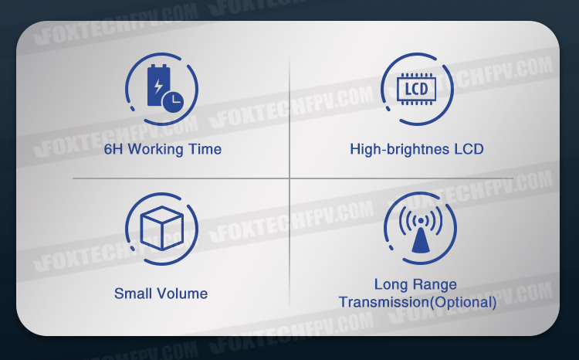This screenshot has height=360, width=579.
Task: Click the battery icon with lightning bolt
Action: coord(160,86)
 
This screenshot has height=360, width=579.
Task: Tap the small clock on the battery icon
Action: coord(173,101)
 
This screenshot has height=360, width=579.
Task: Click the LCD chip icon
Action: coord(417,89)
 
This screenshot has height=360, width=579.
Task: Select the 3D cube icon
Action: coord(162,228)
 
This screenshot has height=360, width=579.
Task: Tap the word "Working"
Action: coord(155,150)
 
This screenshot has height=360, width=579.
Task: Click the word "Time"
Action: coord(205,149)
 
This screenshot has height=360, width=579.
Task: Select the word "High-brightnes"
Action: coord(400,150)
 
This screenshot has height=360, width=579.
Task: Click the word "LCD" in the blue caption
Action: coord(469,149)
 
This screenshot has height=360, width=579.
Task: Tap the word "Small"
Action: coord(133,294)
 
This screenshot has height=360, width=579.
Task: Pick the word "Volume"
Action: coord(182,294)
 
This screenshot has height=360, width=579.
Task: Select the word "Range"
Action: coord(435,285)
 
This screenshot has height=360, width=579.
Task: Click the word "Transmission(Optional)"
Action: coord(418,302)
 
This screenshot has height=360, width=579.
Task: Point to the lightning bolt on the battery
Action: coord(158,87)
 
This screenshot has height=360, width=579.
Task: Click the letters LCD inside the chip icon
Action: coord(417,89)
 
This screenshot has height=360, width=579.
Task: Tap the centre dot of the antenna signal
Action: coord(421,221)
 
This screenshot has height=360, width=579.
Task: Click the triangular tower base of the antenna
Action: coord(421,240)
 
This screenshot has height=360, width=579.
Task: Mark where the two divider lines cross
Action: coord(289,178)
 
